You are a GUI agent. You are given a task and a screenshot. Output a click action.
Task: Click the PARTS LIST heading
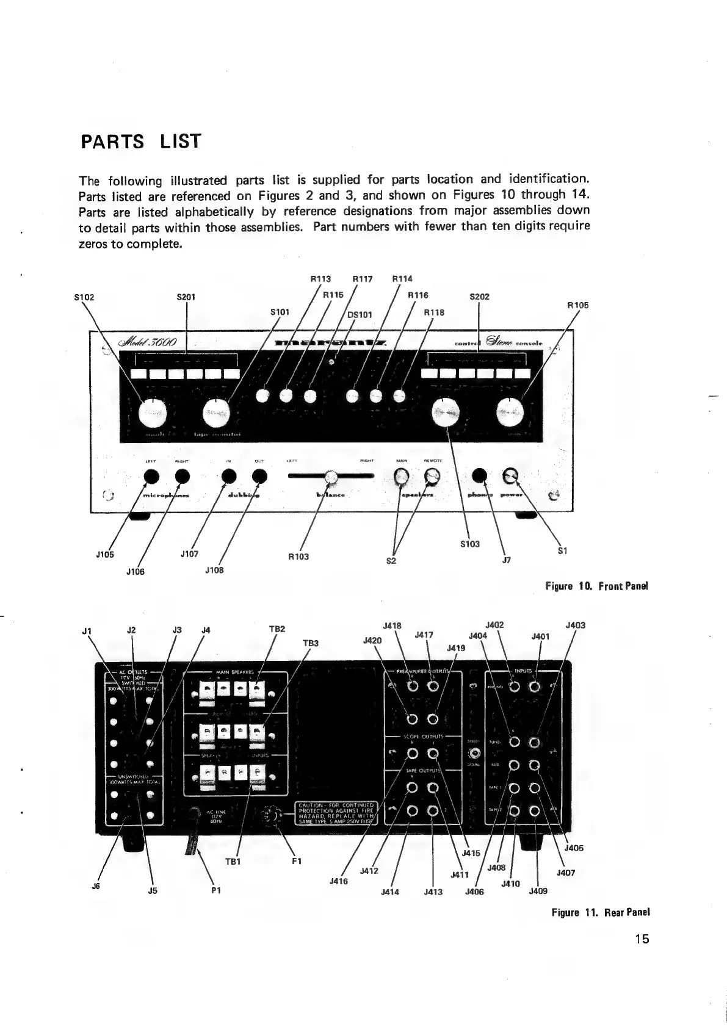point(140,142)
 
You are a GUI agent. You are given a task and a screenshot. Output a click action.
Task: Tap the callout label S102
point(84,298)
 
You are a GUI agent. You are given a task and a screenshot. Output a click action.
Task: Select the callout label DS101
point(360,315)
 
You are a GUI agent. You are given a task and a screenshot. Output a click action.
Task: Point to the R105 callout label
point(577,304)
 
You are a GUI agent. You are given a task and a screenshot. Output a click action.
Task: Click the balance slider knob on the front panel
point(331,477)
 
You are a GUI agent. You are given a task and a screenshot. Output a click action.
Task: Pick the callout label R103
point(298,557)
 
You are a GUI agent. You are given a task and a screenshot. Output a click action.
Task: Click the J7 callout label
point(506,560)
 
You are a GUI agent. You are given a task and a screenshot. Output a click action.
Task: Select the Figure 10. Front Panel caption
point(596,586)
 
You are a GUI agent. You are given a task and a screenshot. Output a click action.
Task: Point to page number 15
point(641,939)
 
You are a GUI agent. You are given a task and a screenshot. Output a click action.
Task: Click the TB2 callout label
point(278,629)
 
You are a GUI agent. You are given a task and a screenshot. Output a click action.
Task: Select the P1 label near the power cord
point(215,890)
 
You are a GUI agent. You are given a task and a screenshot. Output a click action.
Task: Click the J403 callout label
point(576,625)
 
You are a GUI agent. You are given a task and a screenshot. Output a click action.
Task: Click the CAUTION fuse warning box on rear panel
point(337,812)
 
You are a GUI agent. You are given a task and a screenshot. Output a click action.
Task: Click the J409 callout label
point(538,890)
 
